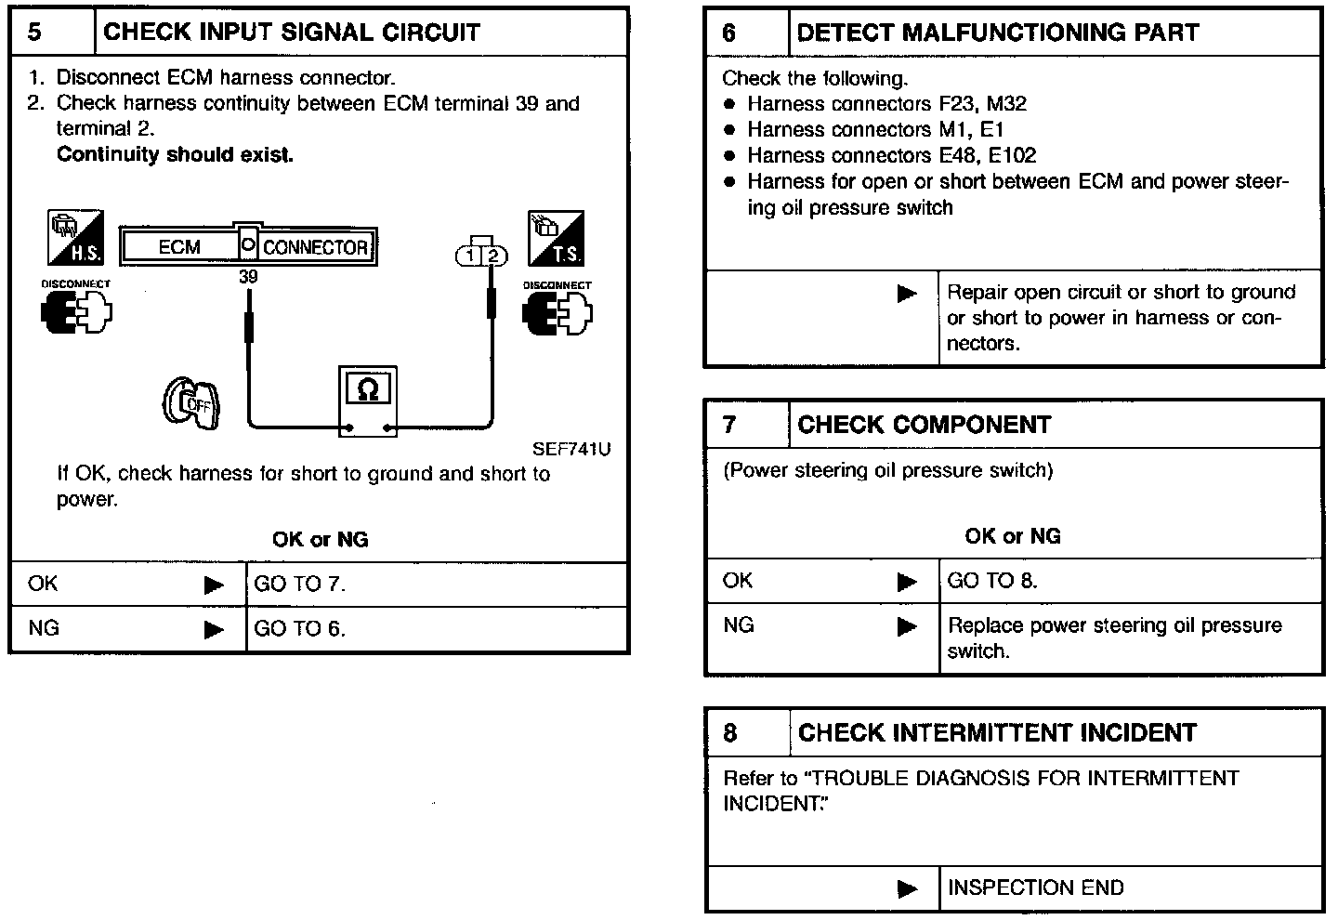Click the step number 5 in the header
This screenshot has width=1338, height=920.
(x=35, y=33)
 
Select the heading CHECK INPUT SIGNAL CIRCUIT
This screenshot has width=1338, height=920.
(x=292, y=33)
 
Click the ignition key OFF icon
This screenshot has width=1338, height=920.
(x=191, y=405)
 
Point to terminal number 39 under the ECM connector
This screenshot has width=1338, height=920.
(x=248, y=277)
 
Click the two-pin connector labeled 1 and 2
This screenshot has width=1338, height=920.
(x=481, y=255)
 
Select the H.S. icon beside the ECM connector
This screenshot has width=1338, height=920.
(x=75, y=237)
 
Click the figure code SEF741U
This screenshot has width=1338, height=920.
(x=571, y=450)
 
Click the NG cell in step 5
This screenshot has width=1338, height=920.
(x=44, y=629)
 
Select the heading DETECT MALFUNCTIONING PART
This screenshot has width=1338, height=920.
(x=997, y=33)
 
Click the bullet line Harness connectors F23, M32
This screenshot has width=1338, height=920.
(x=886, y=104)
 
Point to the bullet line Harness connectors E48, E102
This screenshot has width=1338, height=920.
(x=891, y=156)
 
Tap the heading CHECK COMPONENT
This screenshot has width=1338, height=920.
(x=924, y=425)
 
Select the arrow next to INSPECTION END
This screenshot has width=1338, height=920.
(x=907, y=888)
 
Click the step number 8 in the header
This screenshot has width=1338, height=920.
(x=730, y=733)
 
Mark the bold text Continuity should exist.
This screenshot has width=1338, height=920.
(x=175, y=155)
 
